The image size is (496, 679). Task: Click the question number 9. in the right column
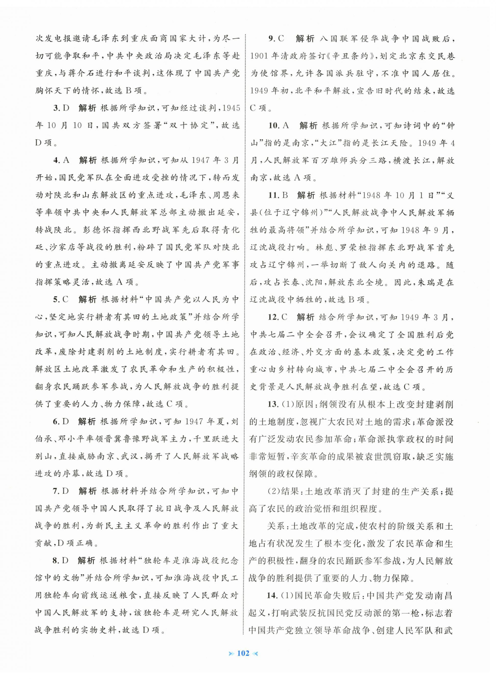tap(272, 39)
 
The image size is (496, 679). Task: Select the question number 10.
tap(274, 125)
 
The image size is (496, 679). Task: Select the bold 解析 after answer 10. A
tap(308, 125)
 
